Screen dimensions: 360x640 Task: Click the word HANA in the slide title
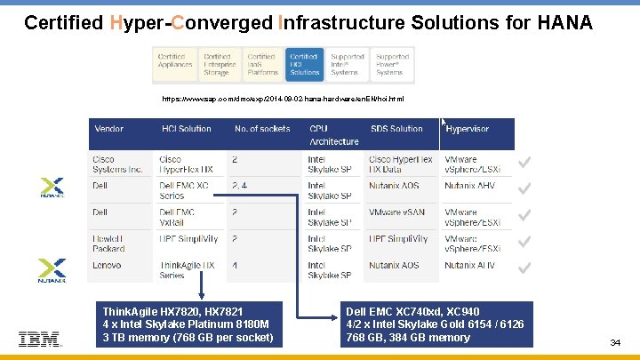click(x=562, y=22)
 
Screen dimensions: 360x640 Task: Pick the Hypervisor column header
click(x=468, y=129)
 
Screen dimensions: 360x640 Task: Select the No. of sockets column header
click(x=262, y=129)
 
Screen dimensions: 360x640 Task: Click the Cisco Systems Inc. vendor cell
click(x=116, y=164)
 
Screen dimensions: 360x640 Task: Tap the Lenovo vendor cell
click(x=107, y=265)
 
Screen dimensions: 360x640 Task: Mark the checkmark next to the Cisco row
click(x=525, y=162)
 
